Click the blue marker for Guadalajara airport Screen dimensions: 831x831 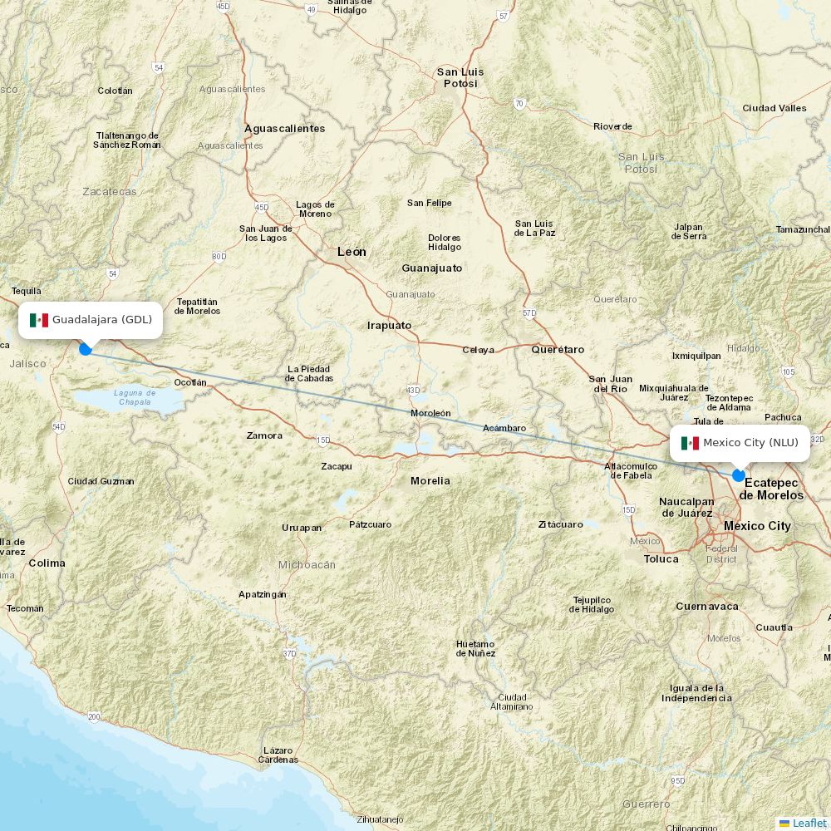point(86,349)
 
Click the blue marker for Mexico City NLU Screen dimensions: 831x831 point(739,475)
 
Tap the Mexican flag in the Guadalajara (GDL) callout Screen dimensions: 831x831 point(39,320)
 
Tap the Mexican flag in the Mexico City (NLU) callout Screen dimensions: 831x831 point(690,443)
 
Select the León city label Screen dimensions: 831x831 point(352,252)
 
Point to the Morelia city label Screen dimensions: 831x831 point(430,481)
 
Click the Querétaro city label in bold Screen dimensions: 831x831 point(558,350)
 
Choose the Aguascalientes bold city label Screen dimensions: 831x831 point(284,129)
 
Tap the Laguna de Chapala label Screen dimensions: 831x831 point(135,397)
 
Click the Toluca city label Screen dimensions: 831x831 point(661,559)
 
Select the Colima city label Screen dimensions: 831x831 point(47,563)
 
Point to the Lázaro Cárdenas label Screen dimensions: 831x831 point(278,755)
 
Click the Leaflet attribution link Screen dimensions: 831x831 point(809,823)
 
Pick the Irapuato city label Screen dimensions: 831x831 point(390,326)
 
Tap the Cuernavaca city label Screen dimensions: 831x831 point(707,607)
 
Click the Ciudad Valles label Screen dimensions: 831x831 point(774,108)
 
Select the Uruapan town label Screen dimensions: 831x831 point(302,528)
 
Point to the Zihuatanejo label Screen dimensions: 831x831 point(380,819)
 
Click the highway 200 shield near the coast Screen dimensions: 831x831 point(94,716)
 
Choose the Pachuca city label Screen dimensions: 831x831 point(783,418)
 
